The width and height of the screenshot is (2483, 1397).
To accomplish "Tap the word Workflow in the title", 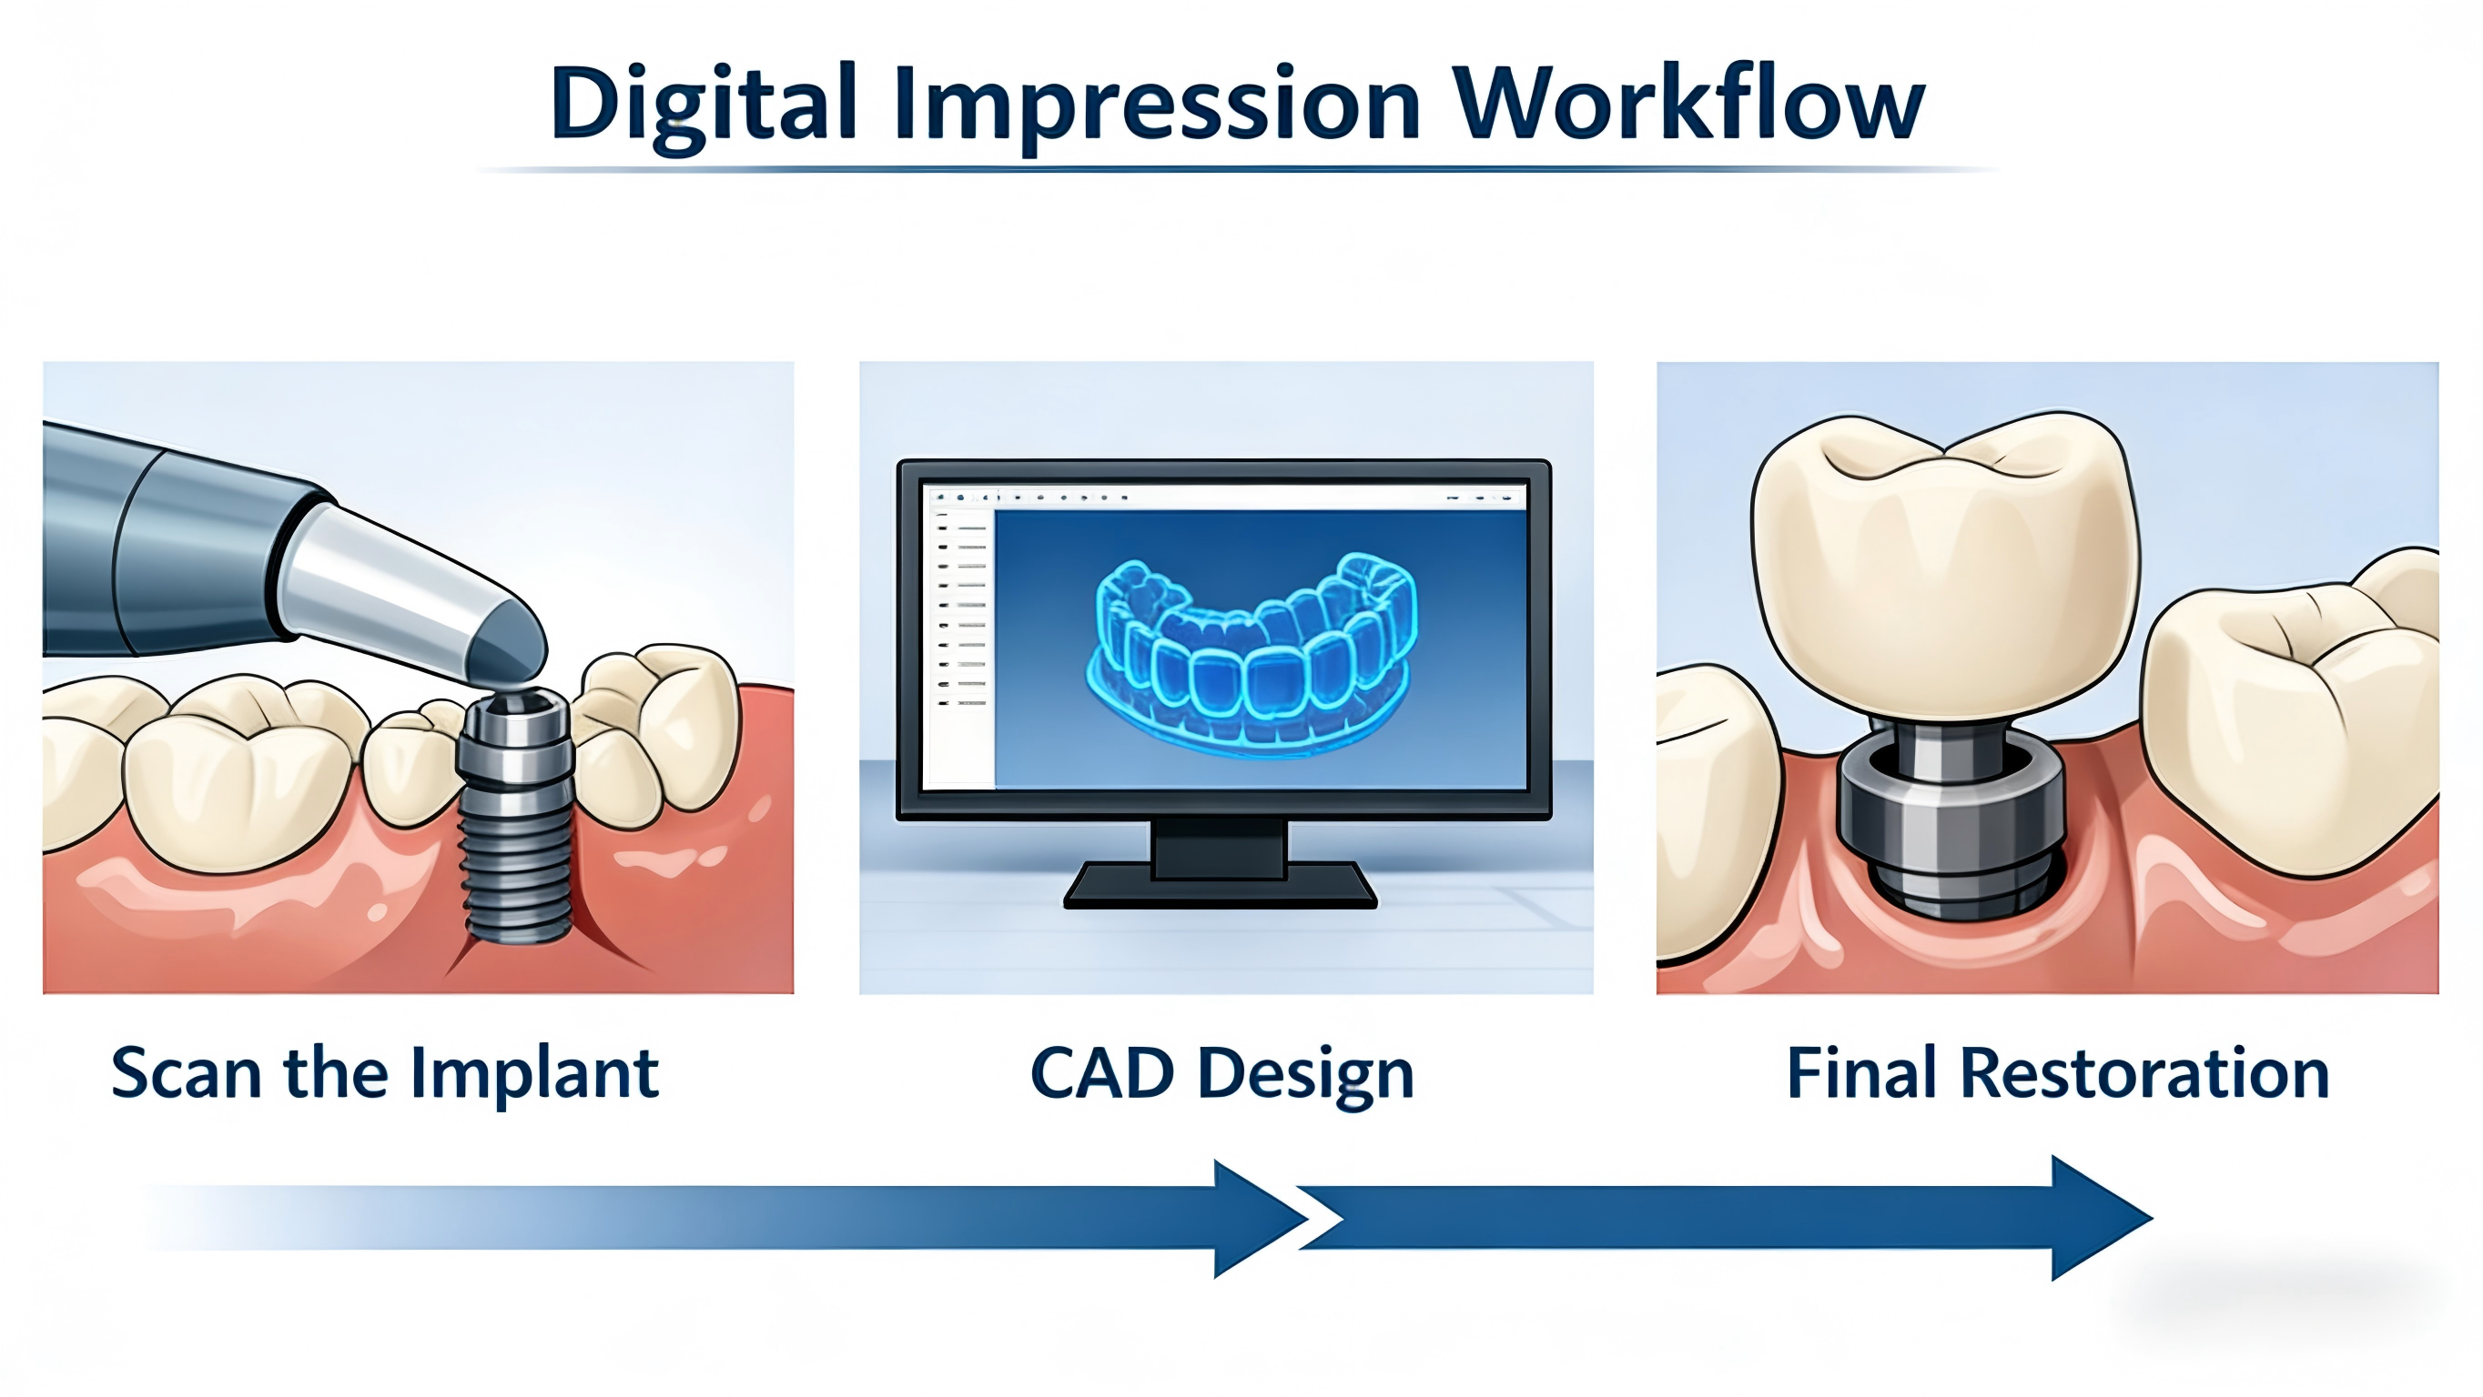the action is tap(1689, 102).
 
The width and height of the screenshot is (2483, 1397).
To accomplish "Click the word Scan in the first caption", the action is tap(186, 1072).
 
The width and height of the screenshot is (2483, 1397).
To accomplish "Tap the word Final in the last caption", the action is tap(1861, 1071).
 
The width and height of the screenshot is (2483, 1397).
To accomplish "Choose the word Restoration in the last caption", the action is tap(2144, 1072).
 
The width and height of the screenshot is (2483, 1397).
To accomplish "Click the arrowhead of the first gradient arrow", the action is tap(1258, 1219).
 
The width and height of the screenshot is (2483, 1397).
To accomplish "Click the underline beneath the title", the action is tap(1239, 169).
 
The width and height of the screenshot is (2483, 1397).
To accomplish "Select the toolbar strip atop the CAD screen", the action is tap(1225, 497).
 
